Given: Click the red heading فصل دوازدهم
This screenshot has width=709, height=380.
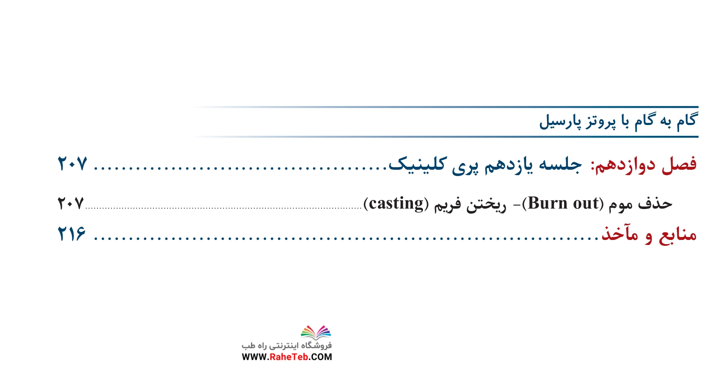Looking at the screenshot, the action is tap(644, 165).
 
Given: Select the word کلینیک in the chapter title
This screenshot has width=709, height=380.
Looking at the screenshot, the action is tap(418, 164).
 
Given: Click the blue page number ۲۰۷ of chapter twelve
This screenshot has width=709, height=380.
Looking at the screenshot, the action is tap(72, 164).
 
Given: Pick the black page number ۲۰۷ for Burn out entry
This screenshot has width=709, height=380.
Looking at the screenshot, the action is tap(71, 203).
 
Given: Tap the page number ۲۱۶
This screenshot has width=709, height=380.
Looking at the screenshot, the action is tap(71, 234).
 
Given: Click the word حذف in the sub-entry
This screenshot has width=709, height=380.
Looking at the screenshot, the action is tap(655, 204).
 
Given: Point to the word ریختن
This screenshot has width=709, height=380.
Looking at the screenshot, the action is tap(486, 204).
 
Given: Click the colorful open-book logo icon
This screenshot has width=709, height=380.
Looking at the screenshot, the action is tap(316, 332).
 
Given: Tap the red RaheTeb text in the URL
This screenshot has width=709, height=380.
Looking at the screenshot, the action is tap(289, 357).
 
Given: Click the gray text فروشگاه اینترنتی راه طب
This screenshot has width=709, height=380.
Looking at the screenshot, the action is tap(287, 345).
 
